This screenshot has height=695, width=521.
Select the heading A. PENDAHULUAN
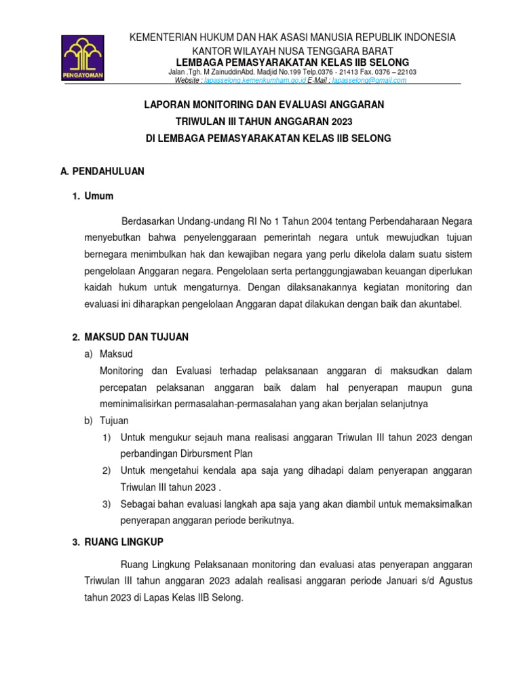102,171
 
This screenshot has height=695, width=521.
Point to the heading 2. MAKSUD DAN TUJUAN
130,337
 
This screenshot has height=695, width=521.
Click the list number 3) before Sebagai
107,504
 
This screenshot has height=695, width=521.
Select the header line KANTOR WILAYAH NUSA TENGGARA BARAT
292,52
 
